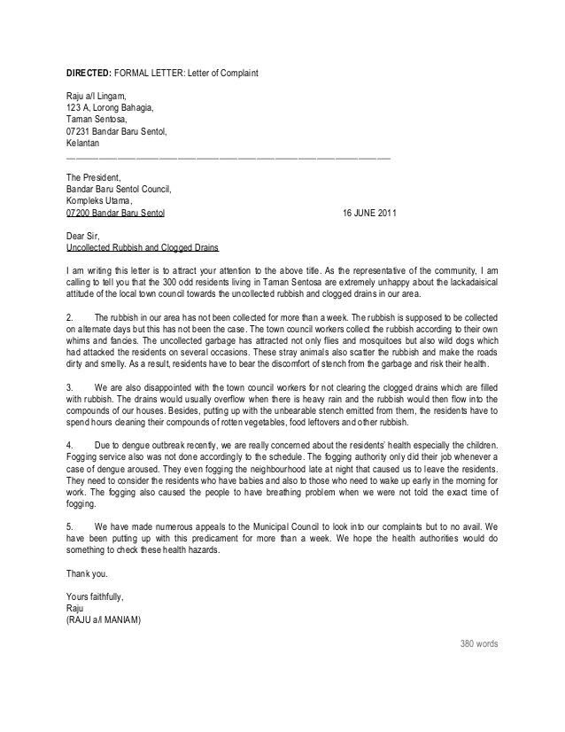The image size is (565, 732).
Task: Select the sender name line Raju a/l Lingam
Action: tap(97, 97)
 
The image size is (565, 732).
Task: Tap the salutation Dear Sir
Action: tap(85, 236)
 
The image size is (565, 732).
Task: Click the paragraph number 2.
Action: tap(70, 316)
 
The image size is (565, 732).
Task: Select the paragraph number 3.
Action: tap(70, 387)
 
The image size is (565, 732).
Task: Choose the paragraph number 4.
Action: tap(70, 446)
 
